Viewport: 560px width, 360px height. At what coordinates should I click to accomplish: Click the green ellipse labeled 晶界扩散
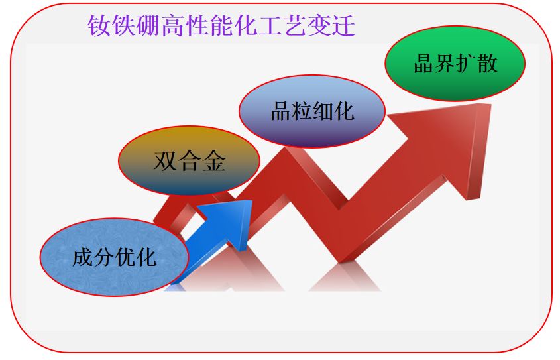pos(455,64)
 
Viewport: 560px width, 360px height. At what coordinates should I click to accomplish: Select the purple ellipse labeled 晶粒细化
pos(312,110)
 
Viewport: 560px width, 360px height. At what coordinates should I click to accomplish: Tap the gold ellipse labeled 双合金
pos(190,160)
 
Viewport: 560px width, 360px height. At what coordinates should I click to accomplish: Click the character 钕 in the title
pos(99,26)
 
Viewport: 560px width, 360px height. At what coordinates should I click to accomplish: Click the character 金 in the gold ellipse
pos(213,161)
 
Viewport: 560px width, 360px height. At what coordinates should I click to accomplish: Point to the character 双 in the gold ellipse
pos(166,161)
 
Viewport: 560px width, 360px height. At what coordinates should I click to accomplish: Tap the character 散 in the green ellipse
pos(486,64)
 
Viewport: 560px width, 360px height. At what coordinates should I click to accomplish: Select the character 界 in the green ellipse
pos(444,64)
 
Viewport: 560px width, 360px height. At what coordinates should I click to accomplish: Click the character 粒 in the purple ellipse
pos(302,111)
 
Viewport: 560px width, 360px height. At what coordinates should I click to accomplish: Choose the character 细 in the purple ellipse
pos(323,111)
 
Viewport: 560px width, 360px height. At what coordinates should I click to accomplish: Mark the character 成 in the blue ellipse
pos(83,257)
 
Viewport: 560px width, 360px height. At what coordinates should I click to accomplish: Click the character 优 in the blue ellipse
pos(125,257)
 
